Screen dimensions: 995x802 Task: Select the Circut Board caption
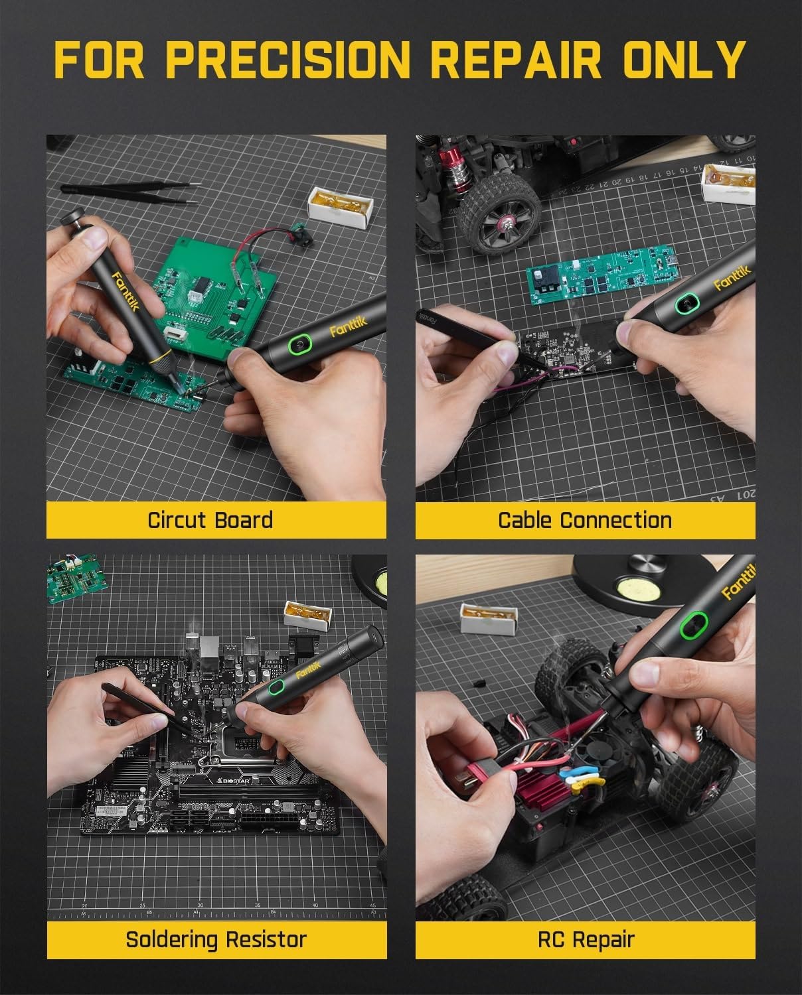pos(210,519)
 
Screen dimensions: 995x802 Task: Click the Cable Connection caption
pos(585,519)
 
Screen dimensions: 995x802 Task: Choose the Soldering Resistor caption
pos(216,939)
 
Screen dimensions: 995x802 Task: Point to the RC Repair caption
pos(586,939)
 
